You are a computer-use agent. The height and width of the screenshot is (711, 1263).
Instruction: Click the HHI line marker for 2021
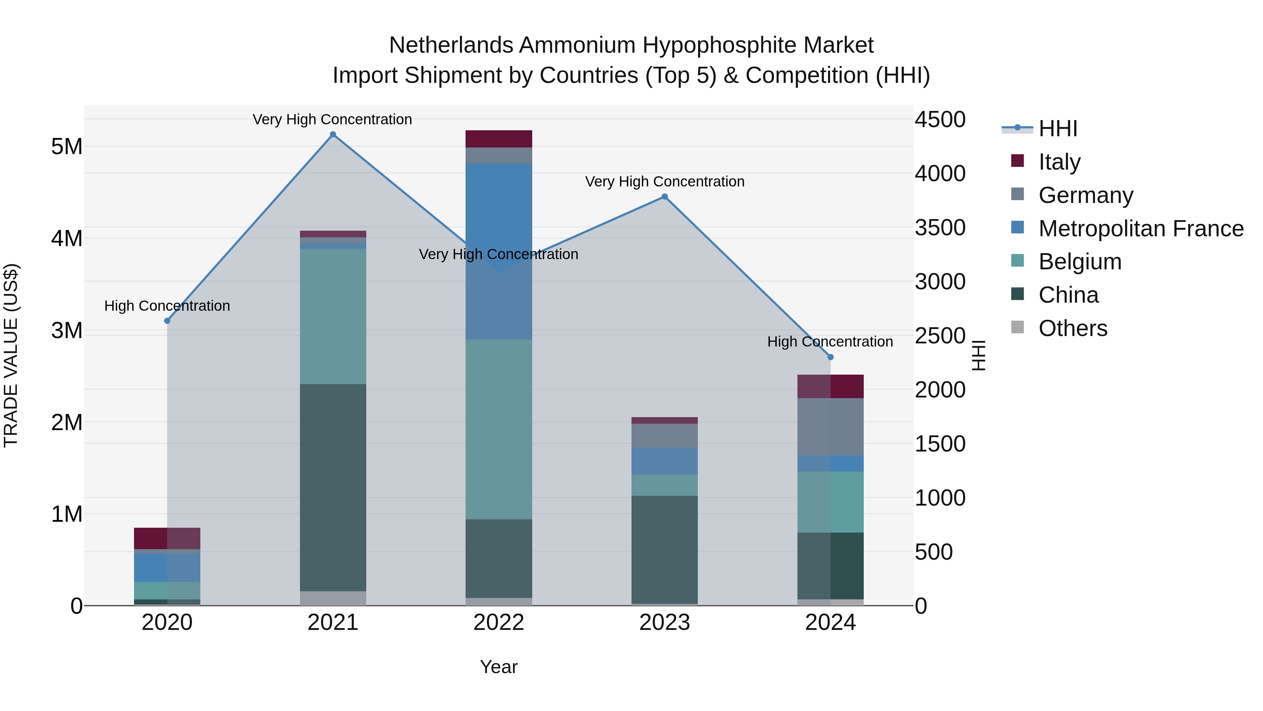333,134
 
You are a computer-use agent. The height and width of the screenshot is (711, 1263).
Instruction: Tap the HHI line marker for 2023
665,197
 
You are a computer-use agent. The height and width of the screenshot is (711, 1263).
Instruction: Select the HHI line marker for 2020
167,321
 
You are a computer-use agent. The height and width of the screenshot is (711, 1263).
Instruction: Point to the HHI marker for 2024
830,357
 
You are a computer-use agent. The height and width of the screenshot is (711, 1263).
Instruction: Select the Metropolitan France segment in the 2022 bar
499,251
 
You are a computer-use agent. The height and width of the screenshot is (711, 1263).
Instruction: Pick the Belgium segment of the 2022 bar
499,429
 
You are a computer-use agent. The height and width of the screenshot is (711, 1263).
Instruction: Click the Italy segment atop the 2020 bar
167,538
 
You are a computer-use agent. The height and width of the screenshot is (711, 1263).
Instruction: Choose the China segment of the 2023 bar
665,549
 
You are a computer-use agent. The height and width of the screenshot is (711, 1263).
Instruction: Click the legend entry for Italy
1059,162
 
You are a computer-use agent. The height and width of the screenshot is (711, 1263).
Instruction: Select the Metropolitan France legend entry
1141,229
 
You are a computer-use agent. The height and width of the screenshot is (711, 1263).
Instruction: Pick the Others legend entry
1073,328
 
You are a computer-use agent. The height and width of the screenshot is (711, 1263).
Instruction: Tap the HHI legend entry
1057,129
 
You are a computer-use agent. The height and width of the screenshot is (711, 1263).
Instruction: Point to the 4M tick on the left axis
67,238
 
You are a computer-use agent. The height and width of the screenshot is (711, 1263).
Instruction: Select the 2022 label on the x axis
499,623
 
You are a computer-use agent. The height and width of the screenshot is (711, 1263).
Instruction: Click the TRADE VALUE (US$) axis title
11,355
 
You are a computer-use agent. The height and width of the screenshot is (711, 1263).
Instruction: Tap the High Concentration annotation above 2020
167,306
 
